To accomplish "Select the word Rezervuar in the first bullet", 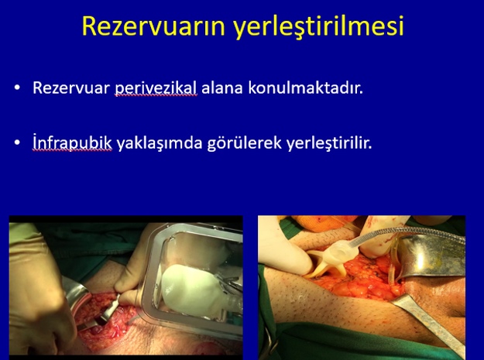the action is click(x=71, y=88).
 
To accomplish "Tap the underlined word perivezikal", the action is click(x=156, y=89).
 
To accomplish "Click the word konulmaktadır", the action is click(x=305, y=88).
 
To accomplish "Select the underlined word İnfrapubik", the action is click(x=72, y=142).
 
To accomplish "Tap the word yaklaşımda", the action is click(x=160, y=143).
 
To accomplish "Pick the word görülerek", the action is click(x=245, y=143).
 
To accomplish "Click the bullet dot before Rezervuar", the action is click(x=17, y=88).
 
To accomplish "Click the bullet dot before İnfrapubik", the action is click(x=17, y=142).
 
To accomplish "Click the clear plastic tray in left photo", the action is click(x=148, y=278).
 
